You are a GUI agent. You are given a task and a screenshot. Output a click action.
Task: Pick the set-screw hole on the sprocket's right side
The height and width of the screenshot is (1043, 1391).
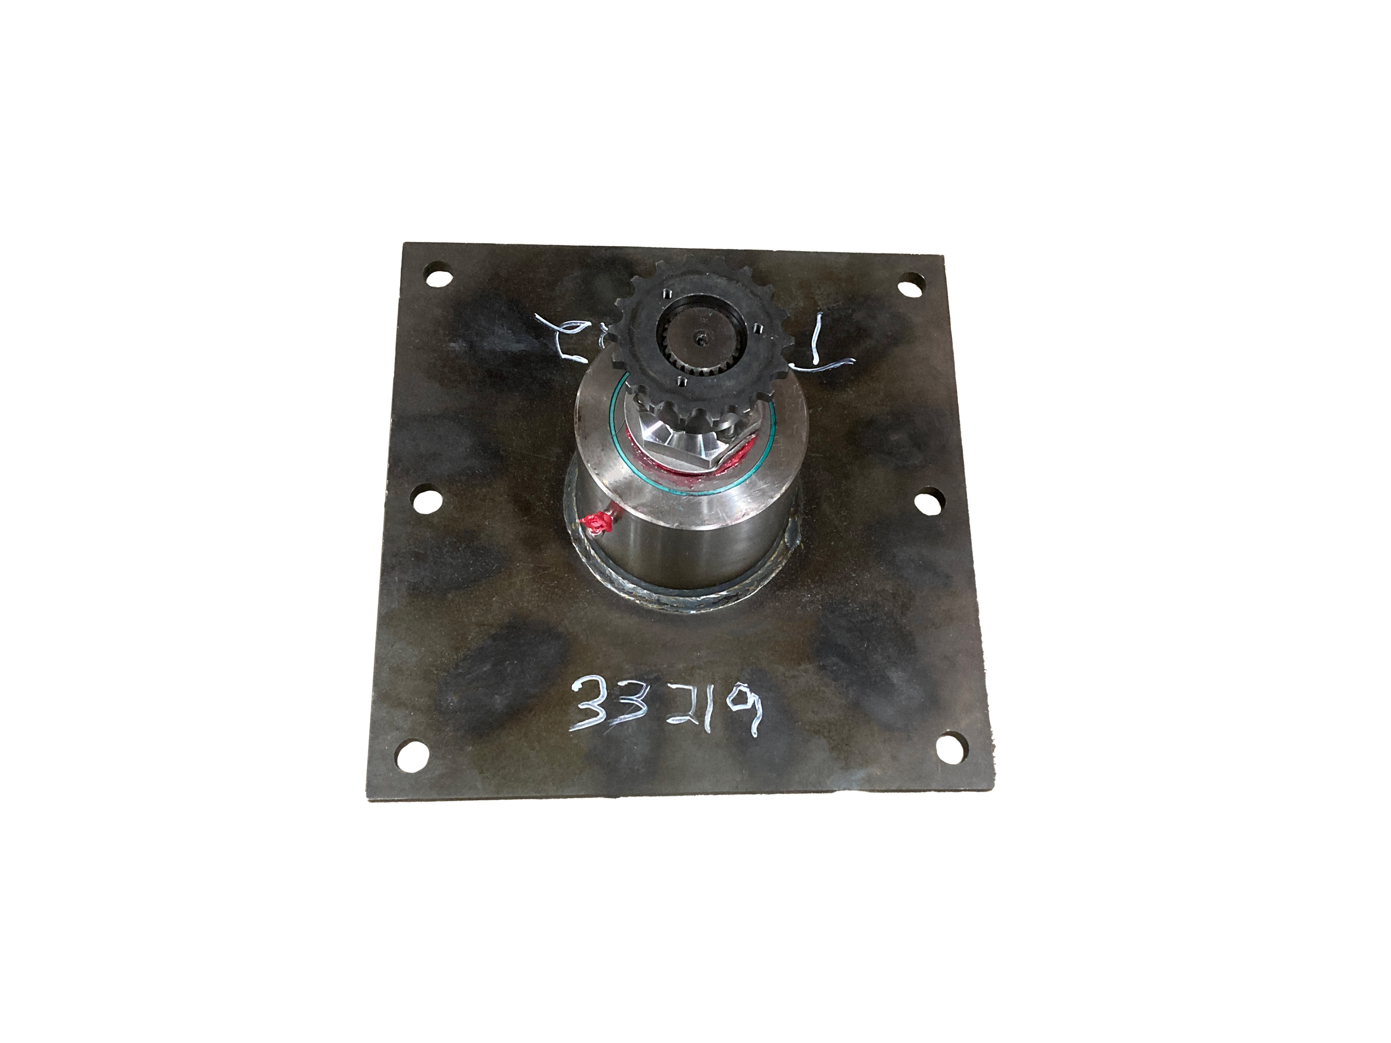click(x=757, y=328)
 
